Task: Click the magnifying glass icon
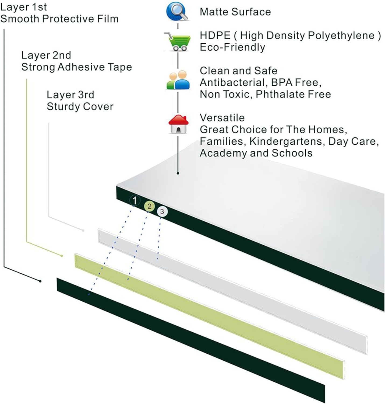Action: click(177, 11)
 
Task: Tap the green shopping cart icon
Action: click(178, 42)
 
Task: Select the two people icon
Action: click(178, 80)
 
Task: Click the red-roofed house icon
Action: click(178, 124)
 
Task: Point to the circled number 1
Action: click(135, 201)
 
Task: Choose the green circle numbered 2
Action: click(149, 207)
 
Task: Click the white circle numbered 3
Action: click(162, 212)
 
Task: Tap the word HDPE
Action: click(215, 36)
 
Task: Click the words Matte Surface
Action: click(235, 12)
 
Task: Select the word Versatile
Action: click(222, 118)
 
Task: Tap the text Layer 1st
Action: click(24, 7)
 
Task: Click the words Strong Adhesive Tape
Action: click(77, 67)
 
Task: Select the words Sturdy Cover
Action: click(80, 107)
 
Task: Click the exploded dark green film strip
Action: click(188, 339)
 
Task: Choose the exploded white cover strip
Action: click(231, 291)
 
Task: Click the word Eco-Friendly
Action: click(232, 47)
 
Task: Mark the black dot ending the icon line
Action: click(178, 173)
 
